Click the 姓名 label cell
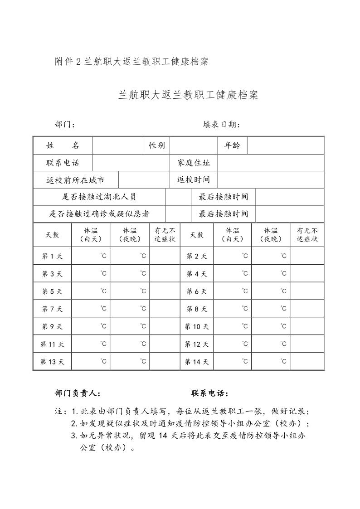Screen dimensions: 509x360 click(x=63, y=145)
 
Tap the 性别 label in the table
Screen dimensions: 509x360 click(x=157, y=145)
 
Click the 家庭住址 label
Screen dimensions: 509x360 click(x=194, y=163)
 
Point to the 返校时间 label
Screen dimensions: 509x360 click(x=194, y=180)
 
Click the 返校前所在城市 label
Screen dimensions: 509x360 click(x=75, y=180)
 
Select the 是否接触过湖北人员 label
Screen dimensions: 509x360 click(x=99, y=197)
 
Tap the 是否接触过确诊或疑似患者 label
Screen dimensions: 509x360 click(x=99, y=214)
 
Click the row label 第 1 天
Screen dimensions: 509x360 click(x=52, y=257)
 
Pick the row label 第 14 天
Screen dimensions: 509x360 click(x=197, y=362)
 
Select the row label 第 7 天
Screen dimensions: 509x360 click(x=52, y=309)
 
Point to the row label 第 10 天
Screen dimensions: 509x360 click(x=197, y=327)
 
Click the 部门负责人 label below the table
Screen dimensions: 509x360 click(x=77, y=393)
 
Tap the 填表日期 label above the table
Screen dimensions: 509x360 click(x=221, y=125)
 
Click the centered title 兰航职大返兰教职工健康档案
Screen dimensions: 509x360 click(x=188, y=95)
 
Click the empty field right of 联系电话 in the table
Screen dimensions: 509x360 click(x=131, y=163)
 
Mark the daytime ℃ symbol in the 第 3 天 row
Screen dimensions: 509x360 click(x=104, y=273)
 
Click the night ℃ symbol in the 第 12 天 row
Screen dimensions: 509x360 click(x=283, y=344)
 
